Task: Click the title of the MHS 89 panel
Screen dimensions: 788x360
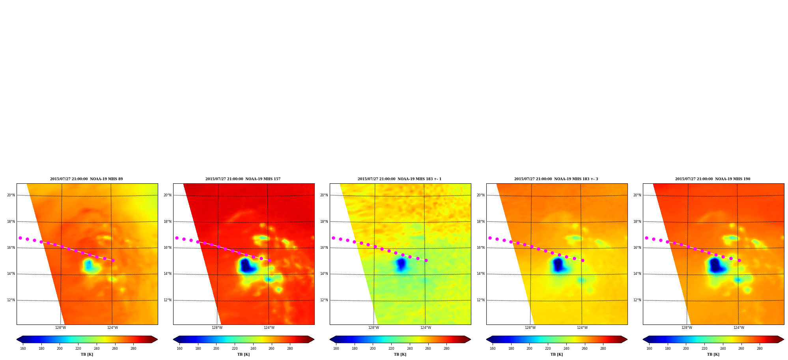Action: coord(86,179)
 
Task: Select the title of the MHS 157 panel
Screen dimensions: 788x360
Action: coord(243,179)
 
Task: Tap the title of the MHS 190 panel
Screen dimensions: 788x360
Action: coord(713,179)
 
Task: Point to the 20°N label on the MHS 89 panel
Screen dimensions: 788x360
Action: coord(11,195)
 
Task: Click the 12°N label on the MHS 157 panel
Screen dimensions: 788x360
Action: coord(168,300)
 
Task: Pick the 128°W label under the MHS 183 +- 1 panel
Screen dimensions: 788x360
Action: coord(373,328)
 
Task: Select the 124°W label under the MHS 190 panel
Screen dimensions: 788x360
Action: coord(739,328)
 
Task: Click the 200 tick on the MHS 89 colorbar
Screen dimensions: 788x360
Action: coord(60,349)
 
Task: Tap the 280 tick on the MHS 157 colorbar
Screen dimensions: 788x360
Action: coord(290,349)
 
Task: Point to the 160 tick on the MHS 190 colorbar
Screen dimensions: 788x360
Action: coord(649,349)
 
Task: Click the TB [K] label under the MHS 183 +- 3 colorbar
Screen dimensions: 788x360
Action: coord(556,354)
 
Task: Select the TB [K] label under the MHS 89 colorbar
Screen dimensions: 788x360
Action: coord(87,354)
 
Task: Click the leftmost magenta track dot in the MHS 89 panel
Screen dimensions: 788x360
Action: coord(20,238)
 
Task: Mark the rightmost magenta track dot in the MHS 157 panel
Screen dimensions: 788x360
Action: coord(269,260)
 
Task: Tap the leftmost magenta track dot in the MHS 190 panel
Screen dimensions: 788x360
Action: coord(646,238)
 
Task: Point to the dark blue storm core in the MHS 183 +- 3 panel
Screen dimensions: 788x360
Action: coord(558,265)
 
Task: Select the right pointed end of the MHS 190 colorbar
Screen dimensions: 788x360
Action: coord(783,339)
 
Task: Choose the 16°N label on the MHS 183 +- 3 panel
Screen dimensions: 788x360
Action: coord(481,248)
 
